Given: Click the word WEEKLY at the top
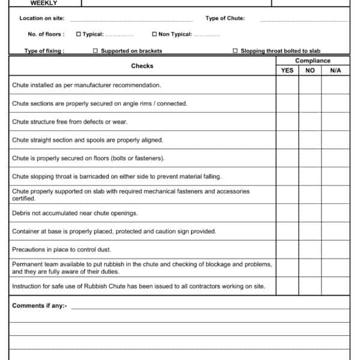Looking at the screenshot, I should pyautogui.click(x=44, y=3).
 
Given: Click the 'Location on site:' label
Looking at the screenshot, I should pyautogui.click(x=42, y=19).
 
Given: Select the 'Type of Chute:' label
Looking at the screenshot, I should pyautogui.click(x=225, y=19).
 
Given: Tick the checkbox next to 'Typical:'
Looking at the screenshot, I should pyautogui.click(x=79, y=34).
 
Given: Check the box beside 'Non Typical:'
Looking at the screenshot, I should pyautogui.click(x=154, y=34).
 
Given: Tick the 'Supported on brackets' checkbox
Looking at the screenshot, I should pyautogui.click(x=95, y=51).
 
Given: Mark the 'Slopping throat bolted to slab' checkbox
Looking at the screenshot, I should pyautogui.click(x=235, y=51).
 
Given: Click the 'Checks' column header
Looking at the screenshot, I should pyautogui.click(x=142, y=66).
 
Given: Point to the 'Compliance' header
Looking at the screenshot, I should pyautogui.click(x=313, y=61).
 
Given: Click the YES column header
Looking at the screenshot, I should pyautogui.click(x=287, y=71).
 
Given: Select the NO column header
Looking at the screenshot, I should pyautogui.click(x=310, y=71).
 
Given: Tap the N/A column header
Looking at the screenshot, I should pyautogui.click(x=335, y=71).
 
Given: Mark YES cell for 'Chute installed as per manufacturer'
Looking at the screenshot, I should pyautogui.click(x=287, y=85).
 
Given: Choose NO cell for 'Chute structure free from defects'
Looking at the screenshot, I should pyautogui.click(x=310, y=122).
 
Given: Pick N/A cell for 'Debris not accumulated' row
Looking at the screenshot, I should pyautogui.click(x=335, y=213).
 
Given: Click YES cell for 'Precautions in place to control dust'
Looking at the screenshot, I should pyautogui.click(x=287, y=250).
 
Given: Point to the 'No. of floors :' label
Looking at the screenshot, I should pyautogui.click(x=46, y=34).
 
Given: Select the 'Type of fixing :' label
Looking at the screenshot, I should pyautogui.click(x=44, y=51).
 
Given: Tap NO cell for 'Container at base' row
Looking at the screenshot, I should pyautogui.click(x=310, y=232).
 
